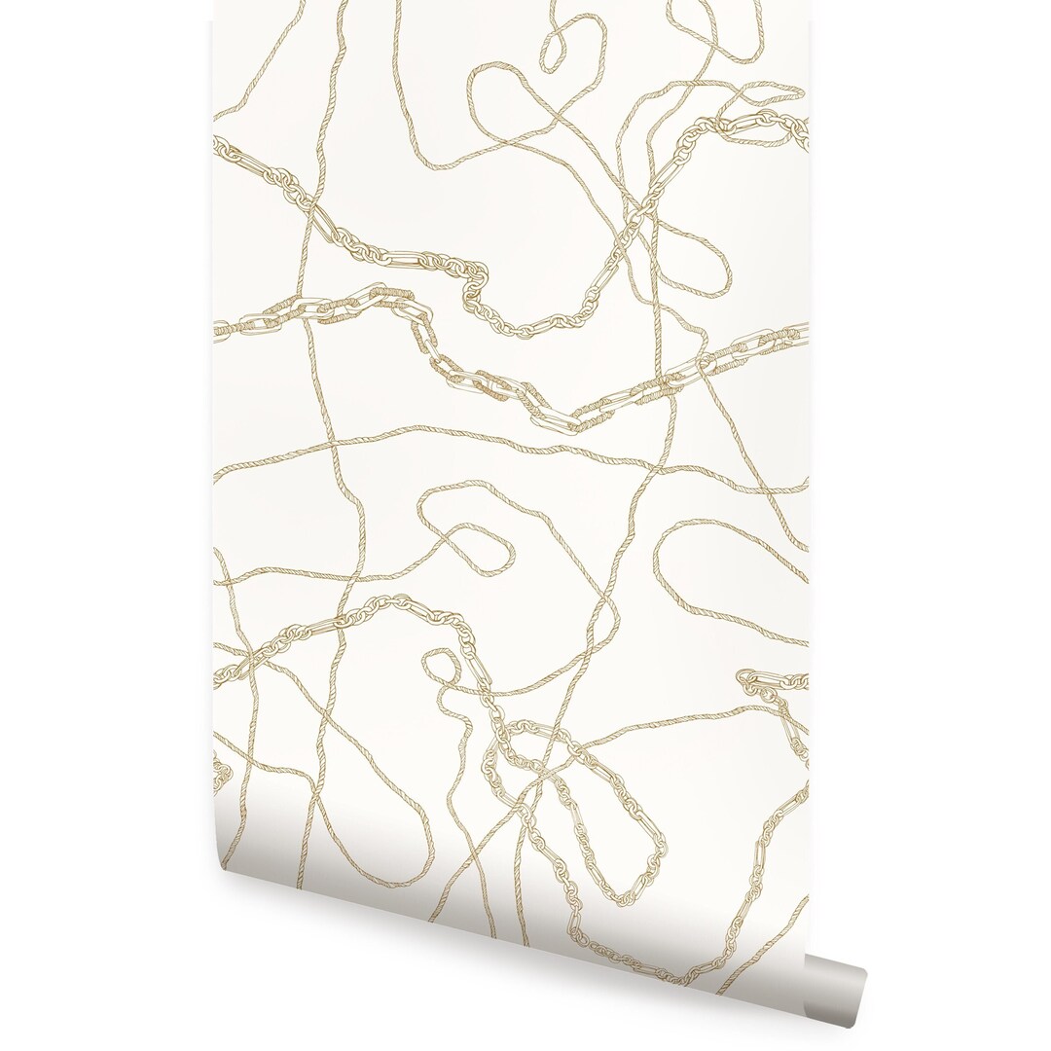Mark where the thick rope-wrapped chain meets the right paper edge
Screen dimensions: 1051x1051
tap(805, 332)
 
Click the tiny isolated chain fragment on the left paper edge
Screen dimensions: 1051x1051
tap(222, 775)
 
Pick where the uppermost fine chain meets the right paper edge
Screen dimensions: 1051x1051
tap(804, 131)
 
